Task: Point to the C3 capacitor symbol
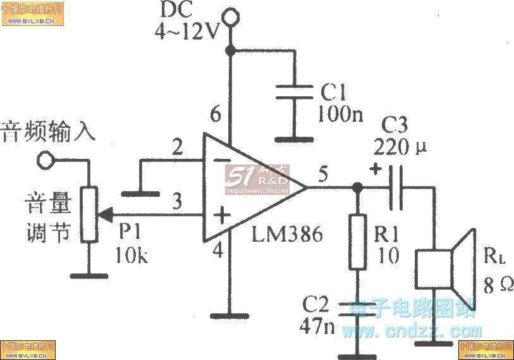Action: (x=395, y=187)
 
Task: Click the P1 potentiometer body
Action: (x=89, y=214)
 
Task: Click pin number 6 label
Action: (x=216, y=115)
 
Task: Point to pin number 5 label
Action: (x=323, y=174)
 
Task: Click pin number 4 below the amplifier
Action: (x=217, y=251)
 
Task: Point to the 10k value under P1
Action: (x=132, y=256)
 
